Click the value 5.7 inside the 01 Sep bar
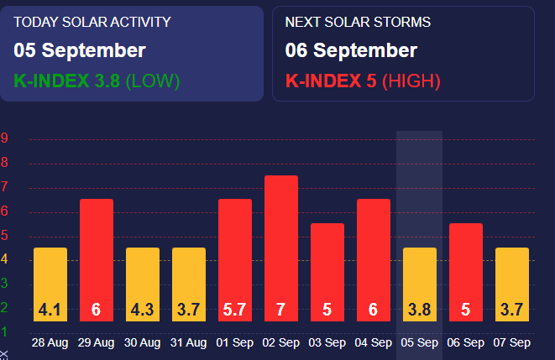coord(235,310)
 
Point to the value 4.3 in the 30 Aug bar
coord(143,310)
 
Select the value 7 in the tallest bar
coord(281,310)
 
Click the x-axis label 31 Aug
coord(189,343)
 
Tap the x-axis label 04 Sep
coord(373,343)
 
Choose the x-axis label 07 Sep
coord(511,343)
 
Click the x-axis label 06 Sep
coord(465,343)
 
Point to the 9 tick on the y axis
coord(5,139)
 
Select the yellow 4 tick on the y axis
coord(5,259)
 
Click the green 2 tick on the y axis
coord(5,307)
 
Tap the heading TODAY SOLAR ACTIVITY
coord(92,22)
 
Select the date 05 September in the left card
coord(80,50)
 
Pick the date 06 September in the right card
coord(351,50)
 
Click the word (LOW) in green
coord(153,81)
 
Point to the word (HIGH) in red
coord(411,81)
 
